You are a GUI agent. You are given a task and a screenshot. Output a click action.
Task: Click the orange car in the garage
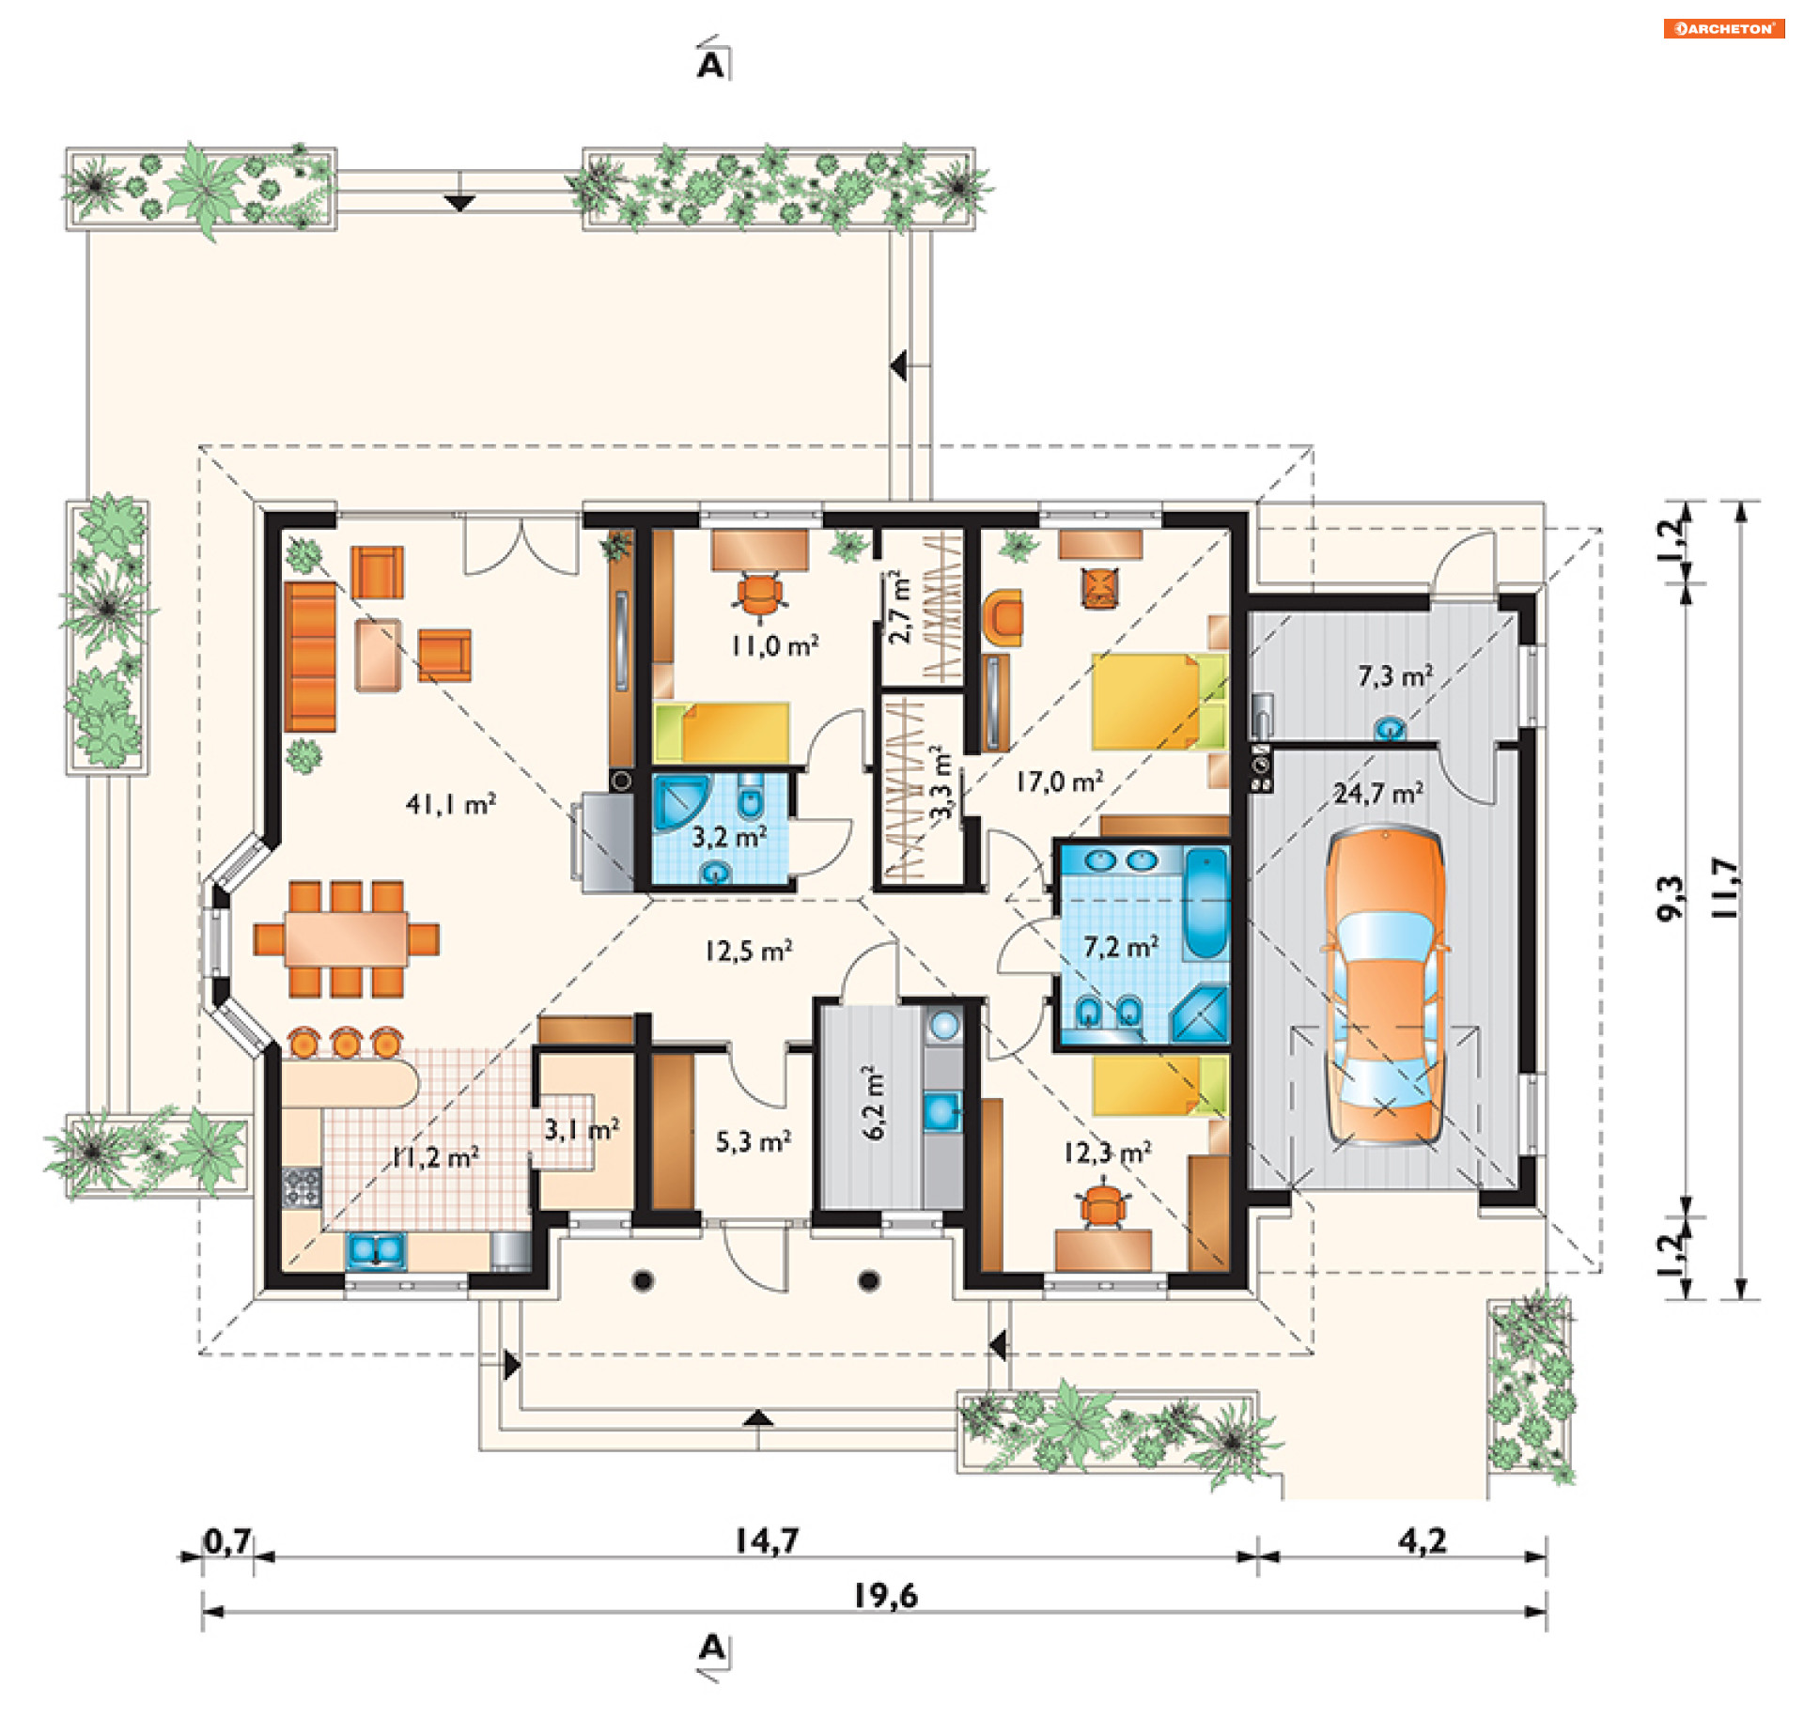pos(1384,985)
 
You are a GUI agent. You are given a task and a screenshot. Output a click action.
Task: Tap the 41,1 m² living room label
pos(451,804)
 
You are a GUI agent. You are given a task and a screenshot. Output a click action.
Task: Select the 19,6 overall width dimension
pos(885,1596)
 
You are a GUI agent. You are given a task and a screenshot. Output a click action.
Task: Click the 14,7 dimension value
pos(767,1541)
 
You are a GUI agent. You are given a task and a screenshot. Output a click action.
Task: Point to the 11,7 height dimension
pos(1726,888)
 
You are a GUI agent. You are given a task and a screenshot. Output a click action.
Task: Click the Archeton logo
pos(1724,28)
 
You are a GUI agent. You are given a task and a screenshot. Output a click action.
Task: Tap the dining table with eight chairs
pos(346,938)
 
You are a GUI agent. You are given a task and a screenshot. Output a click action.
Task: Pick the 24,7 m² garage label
pos(1378,794)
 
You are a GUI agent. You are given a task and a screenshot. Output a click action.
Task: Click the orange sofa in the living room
pos(310,657)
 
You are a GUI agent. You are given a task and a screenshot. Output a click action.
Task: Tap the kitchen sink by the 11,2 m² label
pos(376,1250)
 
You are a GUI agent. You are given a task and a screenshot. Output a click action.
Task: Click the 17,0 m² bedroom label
pos(1060,782)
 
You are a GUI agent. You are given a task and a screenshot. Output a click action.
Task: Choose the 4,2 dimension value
pos(1423,1541)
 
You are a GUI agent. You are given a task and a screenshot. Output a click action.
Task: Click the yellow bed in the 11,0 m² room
pos(722,732)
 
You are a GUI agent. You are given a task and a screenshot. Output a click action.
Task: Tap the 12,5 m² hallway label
pos(749,951)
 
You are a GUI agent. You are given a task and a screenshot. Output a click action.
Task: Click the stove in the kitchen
pos(301,1186)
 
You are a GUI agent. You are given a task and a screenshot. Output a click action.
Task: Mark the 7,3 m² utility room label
pos(1395,675)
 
